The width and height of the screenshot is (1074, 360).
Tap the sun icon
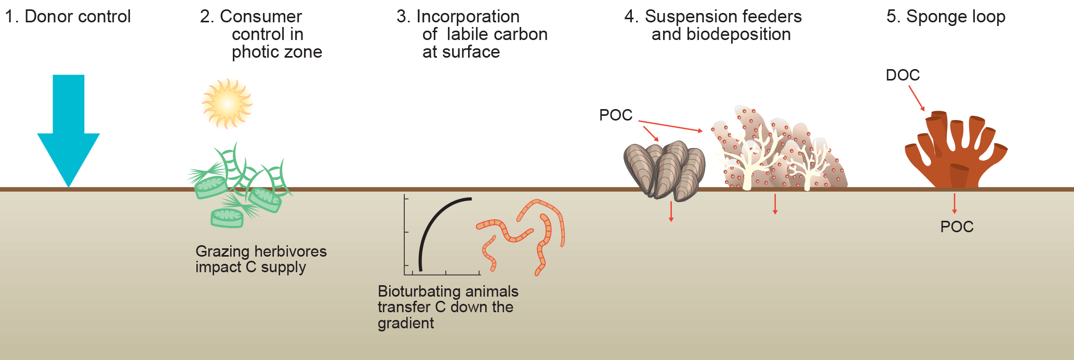click(x=227, y=104)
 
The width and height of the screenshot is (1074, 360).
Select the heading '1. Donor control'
click(x=68, y=17)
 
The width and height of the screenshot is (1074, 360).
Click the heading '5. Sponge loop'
click(x=946, y=17)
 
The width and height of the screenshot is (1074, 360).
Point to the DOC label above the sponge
click(x=903, y=75)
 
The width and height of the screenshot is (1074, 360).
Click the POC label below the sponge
click(x=957, y=227)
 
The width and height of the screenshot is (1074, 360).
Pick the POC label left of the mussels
click(x=616, y=115)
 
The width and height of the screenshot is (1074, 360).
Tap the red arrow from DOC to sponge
click(x=917, y=98)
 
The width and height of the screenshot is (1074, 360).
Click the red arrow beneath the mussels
click(x=671, y=211)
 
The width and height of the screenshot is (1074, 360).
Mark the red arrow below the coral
click(x=775, y=204)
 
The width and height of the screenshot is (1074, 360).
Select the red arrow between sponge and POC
click(x=954, y=203)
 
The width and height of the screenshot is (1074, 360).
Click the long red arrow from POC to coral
click(x=670, y=126)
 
